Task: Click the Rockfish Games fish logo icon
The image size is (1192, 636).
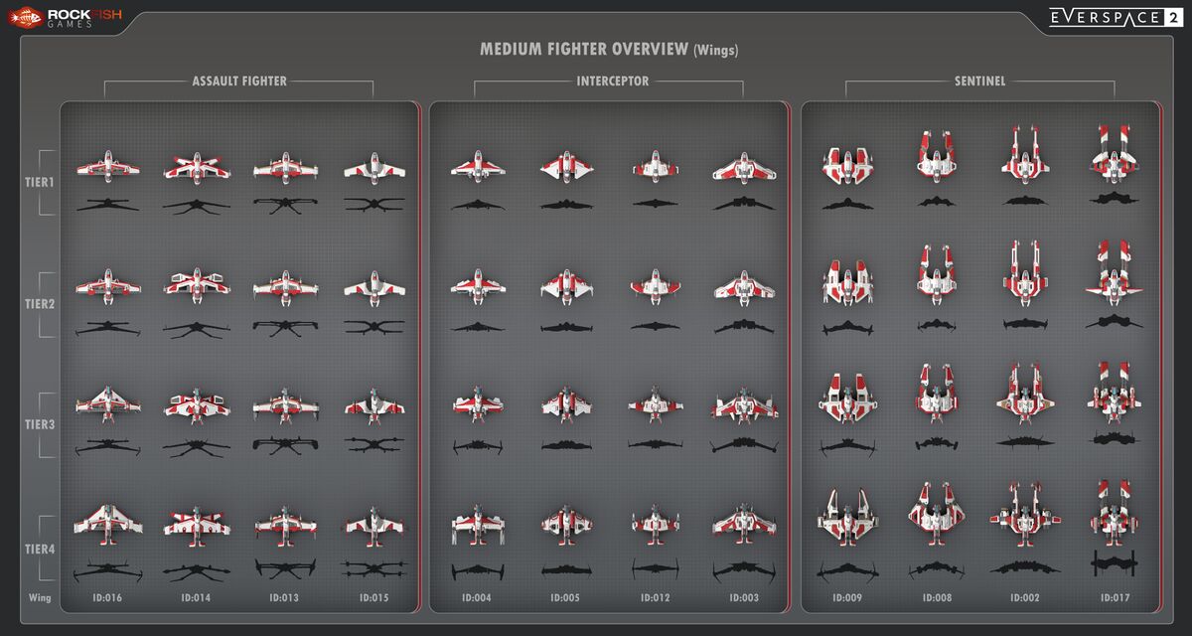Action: tap(25, 18)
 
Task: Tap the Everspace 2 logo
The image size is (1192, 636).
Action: tap(1116, 18)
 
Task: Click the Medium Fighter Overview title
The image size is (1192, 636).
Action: tap(609, 50)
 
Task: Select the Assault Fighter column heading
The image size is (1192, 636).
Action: tap(239, 81)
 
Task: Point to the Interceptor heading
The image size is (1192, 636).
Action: tap(613, 81)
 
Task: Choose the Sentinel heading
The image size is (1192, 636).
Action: tap(979, 81)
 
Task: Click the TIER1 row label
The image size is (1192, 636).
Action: tap(40, 183)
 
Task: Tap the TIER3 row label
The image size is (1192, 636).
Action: tap(40, 424)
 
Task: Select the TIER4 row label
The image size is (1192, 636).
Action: tap(40, 549)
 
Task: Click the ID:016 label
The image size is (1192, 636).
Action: tap(107, 597)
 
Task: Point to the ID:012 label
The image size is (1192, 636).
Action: tap(655, 597)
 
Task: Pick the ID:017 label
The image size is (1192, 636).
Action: tap(1115, 597)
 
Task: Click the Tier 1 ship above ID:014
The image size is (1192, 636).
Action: tap(197, 168)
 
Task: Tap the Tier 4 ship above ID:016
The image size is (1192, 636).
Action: tap(108, 525)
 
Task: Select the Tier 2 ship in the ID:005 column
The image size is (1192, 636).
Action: tap(566, 287)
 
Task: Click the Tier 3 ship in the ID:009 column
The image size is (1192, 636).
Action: tap(847, 398)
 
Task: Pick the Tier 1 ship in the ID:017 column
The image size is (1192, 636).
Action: tap(1114, 154)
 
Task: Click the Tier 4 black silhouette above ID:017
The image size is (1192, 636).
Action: tap(1114, 563)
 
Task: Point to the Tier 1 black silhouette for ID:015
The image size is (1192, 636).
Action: tap(374, 204)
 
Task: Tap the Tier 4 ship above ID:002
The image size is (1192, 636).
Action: tap(1025, 515)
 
